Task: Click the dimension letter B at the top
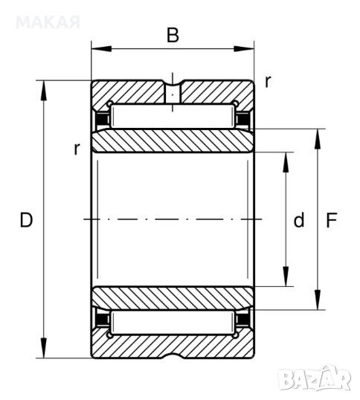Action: tap(173, 35)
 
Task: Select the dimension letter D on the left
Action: tap(26, 220)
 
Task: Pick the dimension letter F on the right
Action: tap(332, 220)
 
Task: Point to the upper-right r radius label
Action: tap(267, 82)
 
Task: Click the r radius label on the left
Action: tap(77, 149)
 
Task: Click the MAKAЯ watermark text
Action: tap(48, 22)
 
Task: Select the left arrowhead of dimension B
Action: tap(101, 49)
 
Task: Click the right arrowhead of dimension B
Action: tap(244, 49)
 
